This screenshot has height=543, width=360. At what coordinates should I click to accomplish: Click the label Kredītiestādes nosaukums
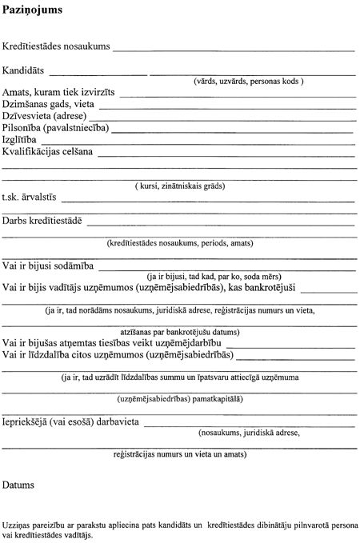coord(56,47)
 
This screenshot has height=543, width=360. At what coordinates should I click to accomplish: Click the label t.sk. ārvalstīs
coord(29,200)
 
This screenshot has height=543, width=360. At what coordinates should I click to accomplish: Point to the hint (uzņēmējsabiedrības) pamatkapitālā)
coord(180,398)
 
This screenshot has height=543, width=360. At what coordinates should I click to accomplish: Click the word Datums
coord(18,485)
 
